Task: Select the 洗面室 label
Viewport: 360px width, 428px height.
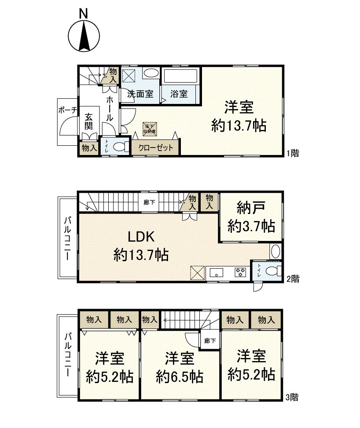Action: click(140, 94)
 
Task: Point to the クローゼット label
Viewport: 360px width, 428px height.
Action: click(155, 148)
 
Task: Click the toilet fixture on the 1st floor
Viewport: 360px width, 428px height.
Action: click(119, 147)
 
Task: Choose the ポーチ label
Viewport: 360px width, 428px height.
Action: click(67, 110)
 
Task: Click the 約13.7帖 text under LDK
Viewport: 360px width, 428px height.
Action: click(141, 254)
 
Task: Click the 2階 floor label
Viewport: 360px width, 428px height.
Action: click(294, 278)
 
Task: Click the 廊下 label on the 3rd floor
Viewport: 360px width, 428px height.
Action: click(210, 341)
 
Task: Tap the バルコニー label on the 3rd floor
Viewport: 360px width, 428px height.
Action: click(68, 355)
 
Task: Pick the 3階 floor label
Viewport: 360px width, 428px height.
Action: click(292, 398)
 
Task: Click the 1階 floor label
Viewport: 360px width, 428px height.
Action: click(293, 153)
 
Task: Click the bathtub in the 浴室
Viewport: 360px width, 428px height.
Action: click(181, 77)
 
